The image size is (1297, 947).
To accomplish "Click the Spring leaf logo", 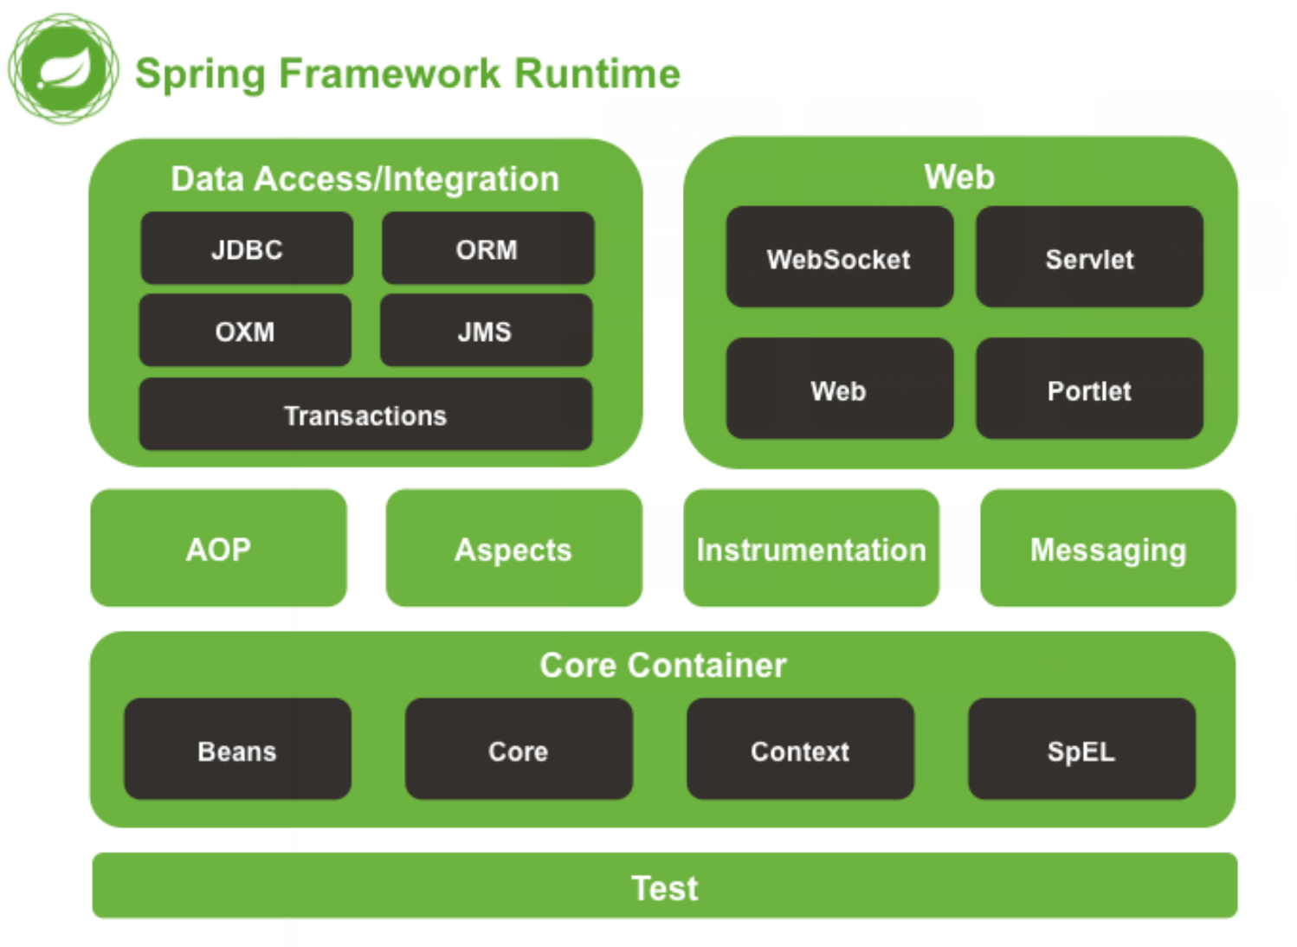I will pos(63,68).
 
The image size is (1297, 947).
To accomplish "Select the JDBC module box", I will pos(247,248).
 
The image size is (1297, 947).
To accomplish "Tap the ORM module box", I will pos(487,248).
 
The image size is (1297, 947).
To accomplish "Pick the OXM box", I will pos(245,331).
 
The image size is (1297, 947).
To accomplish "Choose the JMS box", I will pos(486,331).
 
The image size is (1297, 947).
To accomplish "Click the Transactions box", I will pos(365,415).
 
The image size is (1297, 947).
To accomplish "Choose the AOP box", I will pos(218,549).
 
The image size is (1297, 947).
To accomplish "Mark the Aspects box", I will pos(513,549).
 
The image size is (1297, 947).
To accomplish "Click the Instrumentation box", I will pos(811,549).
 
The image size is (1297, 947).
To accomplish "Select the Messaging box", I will pos(1107,549).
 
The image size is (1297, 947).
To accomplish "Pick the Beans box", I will pos(237,750).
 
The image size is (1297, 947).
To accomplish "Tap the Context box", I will pos(800,750).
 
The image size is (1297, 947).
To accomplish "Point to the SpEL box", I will pos(1081,750).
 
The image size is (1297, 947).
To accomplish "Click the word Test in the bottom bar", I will pos(664,888).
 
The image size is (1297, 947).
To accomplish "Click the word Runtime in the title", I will pos(597,74).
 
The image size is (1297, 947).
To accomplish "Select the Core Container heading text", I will pos(663,665).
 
